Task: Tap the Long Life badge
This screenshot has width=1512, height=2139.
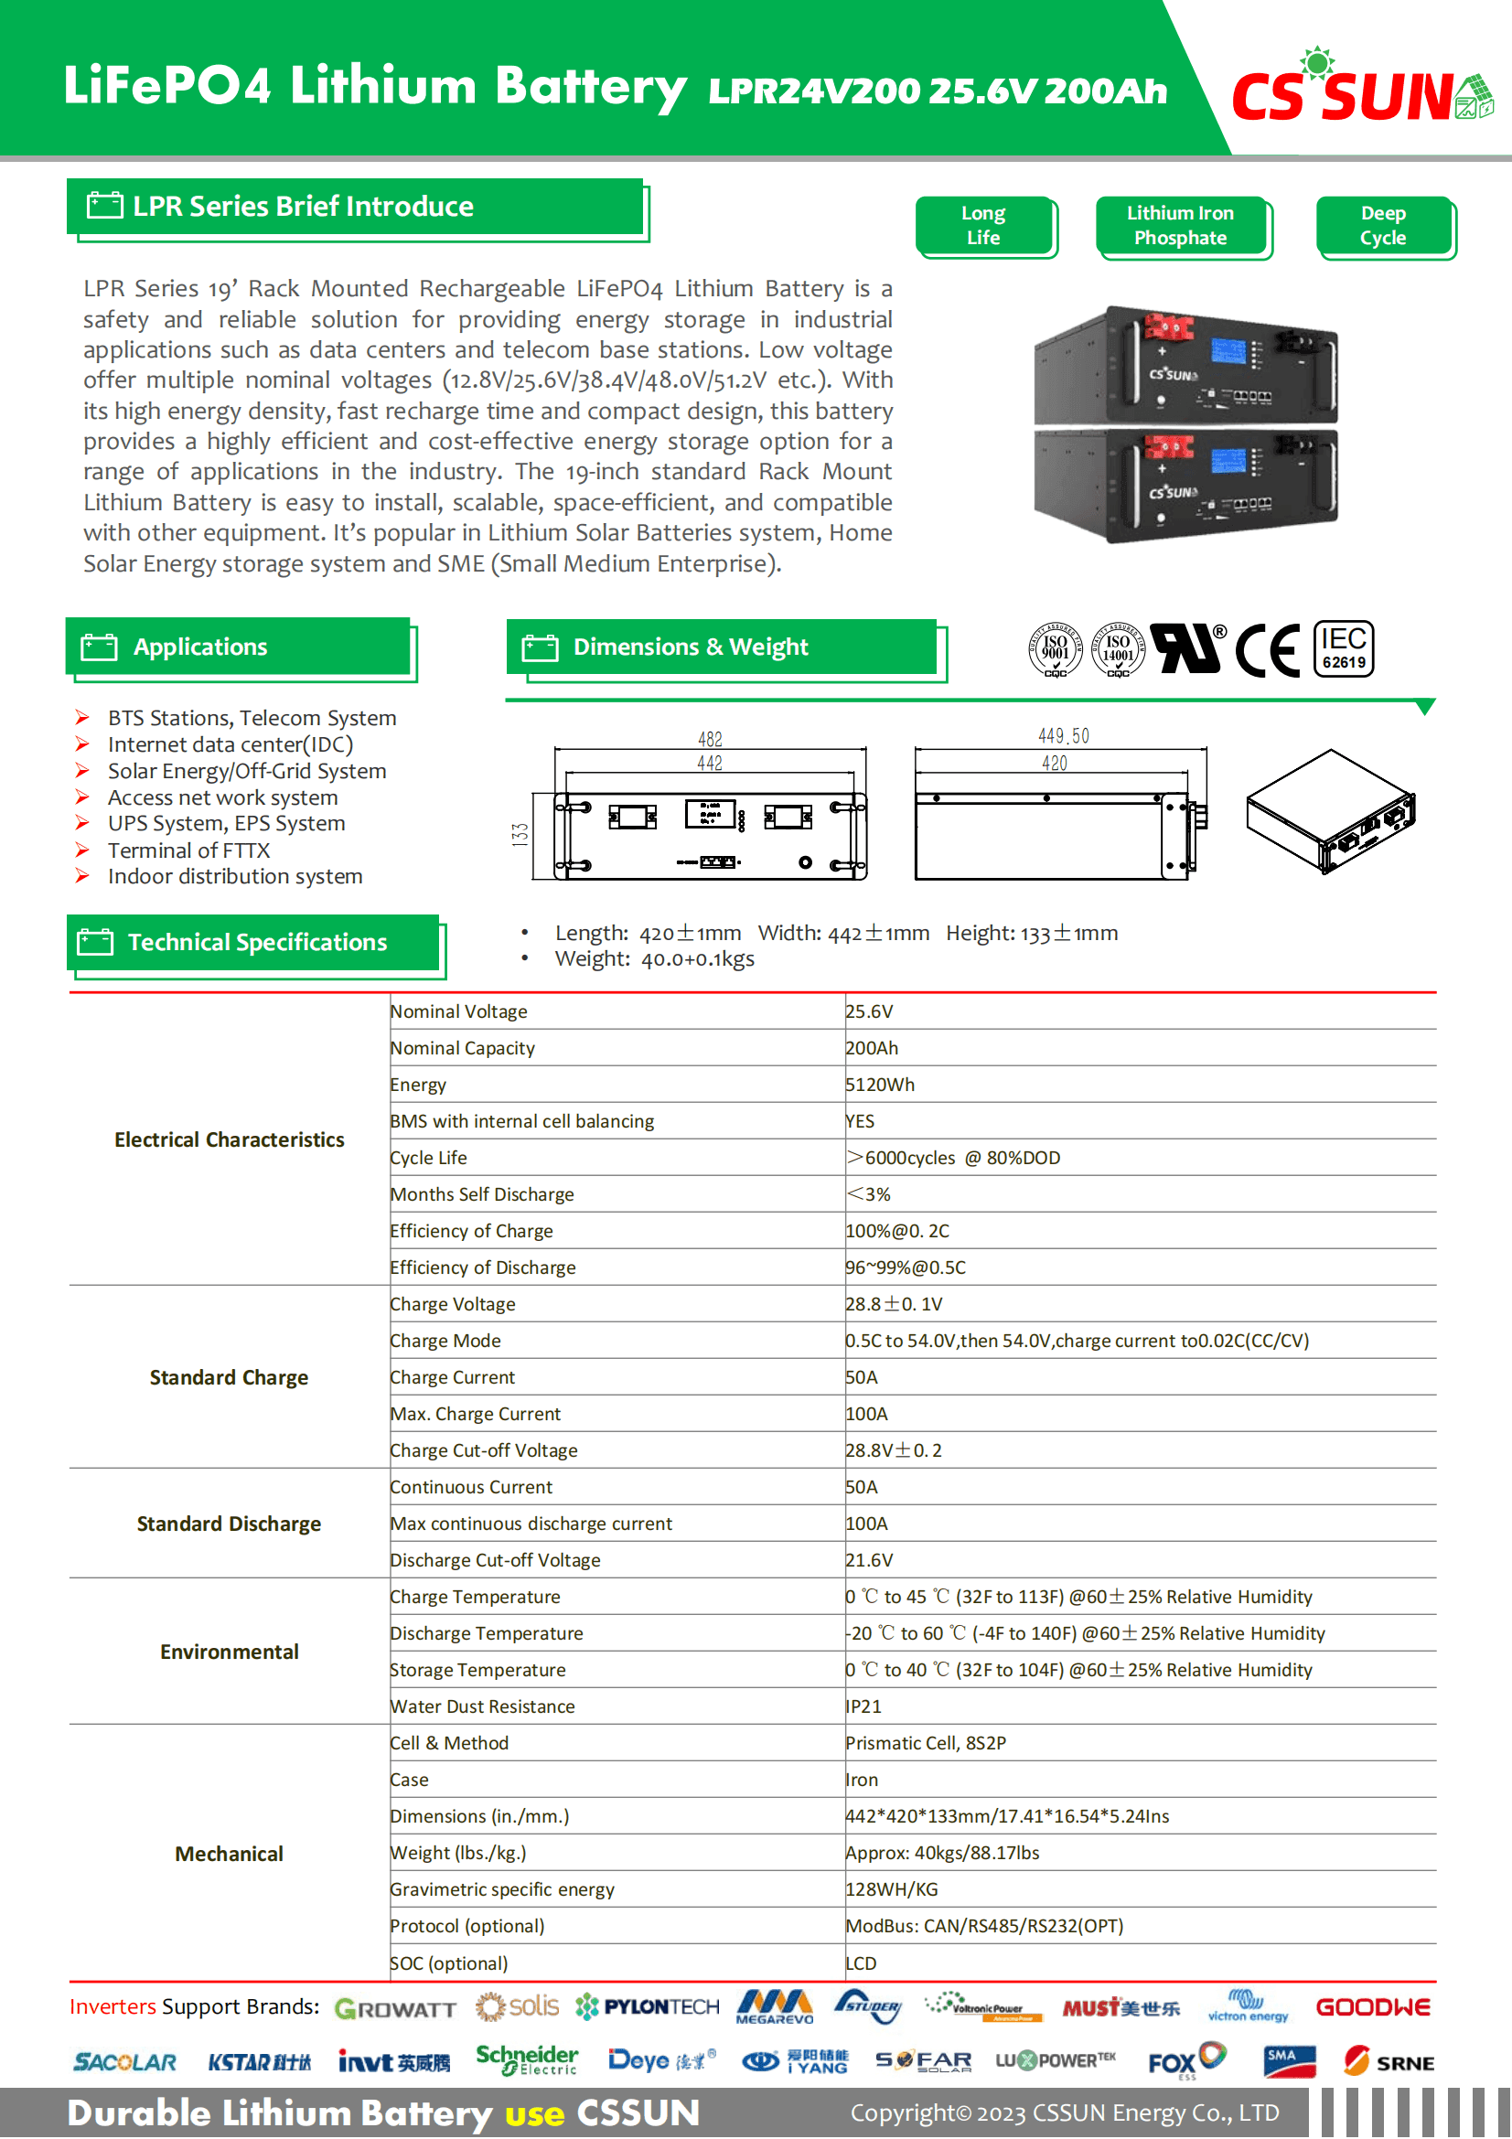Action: pyautogui.click(x=984, y=226)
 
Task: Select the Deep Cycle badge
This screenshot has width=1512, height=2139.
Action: pyautogui.click(x=1382, y=226)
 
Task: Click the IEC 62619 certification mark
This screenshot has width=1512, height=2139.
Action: pyautogui.click(x=1343, y=648)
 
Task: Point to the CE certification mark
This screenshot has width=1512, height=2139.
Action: pyautogui.click(x=1267, y=649)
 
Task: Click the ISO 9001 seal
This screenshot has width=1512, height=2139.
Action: pyautogui.click(x=1055, y=649)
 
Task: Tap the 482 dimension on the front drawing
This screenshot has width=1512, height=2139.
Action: pyautogui.click(x=710, y=739)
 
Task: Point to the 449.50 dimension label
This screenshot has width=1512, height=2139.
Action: pyautogui.click(x=1063, y=736)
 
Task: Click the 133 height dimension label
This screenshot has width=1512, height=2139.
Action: pyautogui.click(x=520, y=835)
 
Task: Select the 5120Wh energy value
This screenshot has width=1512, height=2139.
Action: pyautogui.click(x=879, y=1085)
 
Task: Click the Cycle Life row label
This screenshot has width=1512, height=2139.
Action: pyautogui.click(x=429, y=1158)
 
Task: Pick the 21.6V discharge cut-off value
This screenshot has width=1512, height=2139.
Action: pyautogui.click(x=869, y=1560)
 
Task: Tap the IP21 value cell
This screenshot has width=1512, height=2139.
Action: pyautogui.click(x=863, y=1706)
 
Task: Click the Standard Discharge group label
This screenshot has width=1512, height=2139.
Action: pyautogui.click(x=229, y=1524)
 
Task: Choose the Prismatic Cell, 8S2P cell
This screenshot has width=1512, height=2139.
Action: pyautogui.click(x=925, y=1743)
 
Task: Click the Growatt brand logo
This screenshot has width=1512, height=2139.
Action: pyautogui.click(x=395, y=2009)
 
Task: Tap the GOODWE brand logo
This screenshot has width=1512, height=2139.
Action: pyautogui.click(x=1372, y=2007)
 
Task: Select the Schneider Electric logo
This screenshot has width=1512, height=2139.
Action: pyautogui.click(x=526, y=2060)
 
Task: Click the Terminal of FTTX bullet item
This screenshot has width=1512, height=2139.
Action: pyautogui.click(x=188, y=850)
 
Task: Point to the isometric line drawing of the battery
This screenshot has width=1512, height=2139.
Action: pyautogui.click(x=1330, y=810)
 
